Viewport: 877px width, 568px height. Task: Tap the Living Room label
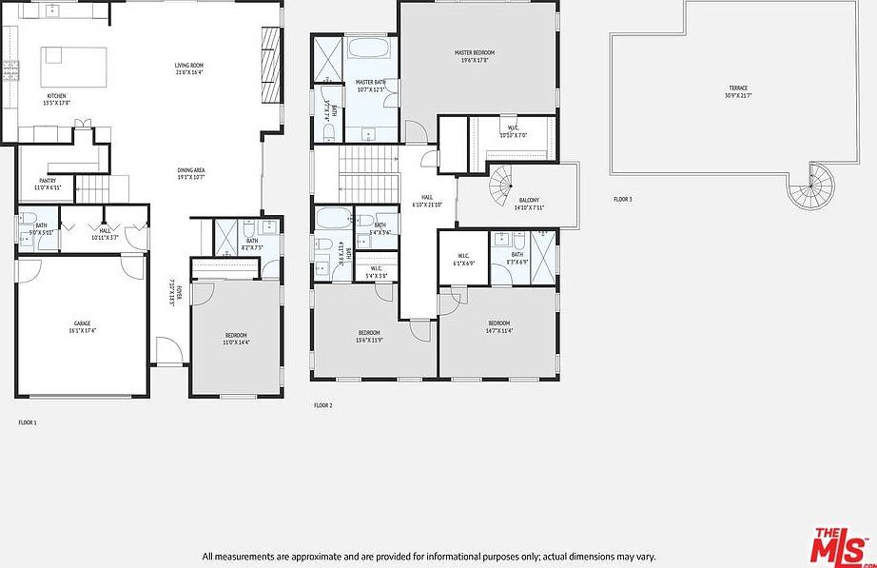pyautogui.click(x=190, y=69)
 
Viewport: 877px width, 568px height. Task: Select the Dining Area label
pyautogui.click(x=191, y=173)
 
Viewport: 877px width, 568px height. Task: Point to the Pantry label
pyautogui.click(x=48, y=183)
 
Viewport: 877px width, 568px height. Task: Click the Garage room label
pyautogui.click(x=83, y=326)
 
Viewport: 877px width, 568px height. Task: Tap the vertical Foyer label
pyautogui.click(x=172, y=290)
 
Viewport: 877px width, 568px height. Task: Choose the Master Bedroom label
pyautogui.click(x=474, y=56)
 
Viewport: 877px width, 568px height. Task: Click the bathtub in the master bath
pyautogui.click(x=367, y=49)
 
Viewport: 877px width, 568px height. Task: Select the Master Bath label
pyautogui.click(x=369, y=86)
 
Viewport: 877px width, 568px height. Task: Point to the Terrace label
pyautogui.click(x=738, y=91)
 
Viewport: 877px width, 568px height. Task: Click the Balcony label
pyautogui.click(x=530, y=204)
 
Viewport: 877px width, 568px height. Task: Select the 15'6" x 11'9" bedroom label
pyautogui.click(x=369, y=338)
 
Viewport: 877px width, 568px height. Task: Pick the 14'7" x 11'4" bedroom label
pyautogui.click(x=499, y=326)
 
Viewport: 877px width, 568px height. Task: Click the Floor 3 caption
pyautogui.click(x=622, y=199)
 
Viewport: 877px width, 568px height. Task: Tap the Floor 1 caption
pyautogui.click(x=27, y=421)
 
